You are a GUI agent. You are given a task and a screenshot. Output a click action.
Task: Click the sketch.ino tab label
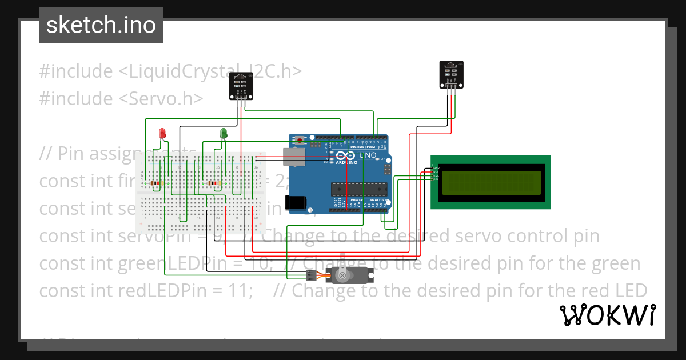coord(101,25)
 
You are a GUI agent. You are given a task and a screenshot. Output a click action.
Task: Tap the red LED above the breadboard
coord(162,134)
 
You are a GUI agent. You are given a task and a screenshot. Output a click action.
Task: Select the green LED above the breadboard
coord(224,133)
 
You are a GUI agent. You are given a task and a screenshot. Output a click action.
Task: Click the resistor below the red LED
coord(155,183)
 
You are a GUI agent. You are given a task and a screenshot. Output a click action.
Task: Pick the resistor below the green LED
coord(215,183)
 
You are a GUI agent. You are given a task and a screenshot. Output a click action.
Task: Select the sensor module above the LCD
coord(451,74)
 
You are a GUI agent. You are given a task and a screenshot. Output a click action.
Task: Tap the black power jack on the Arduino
coord(297,202)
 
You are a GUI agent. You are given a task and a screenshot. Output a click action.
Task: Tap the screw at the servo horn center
coord(342,276)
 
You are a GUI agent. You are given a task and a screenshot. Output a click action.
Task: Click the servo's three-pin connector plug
coord(311,276)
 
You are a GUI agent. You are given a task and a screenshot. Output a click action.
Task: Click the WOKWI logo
coord(607,315)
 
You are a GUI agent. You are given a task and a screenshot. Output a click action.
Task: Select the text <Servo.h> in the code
coord(161,98)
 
